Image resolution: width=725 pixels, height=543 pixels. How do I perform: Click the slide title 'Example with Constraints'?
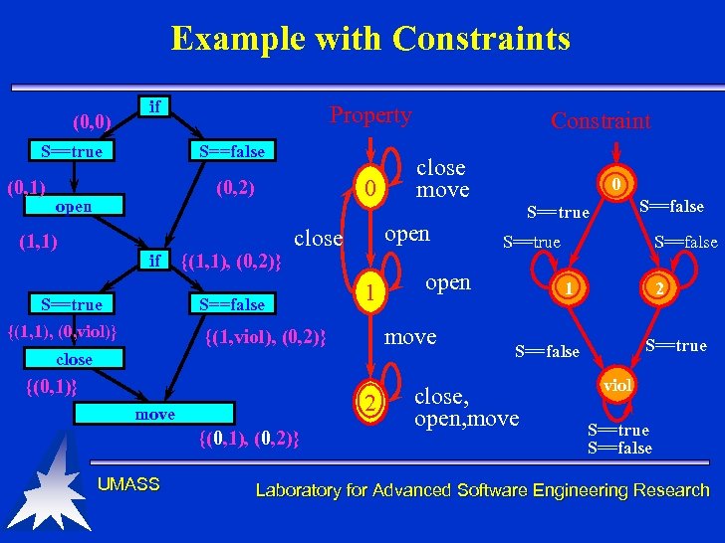[370, 39]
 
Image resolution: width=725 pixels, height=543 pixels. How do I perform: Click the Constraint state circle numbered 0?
[617, 184]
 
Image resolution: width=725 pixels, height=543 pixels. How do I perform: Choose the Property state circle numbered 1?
[368, 292]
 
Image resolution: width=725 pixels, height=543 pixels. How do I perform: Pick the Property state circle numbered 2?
[368, 403]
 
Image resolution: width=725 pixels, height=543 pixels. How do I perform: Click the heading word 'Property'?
[370, 115]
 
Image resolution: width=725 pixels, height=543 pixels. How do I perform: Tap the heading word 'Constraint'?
[601, 121]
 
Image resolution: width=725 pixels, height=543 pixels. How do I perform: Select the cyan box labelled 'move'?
[155, 414]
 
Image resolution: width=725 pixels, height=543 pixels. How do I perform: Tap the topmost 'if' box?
[155, 105]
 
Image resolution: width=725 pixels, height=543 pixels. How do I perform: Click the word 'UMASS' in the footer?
[128, 484]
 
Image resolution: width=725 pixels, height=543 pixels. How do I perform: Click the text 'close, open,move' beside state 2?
[466, 408]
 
